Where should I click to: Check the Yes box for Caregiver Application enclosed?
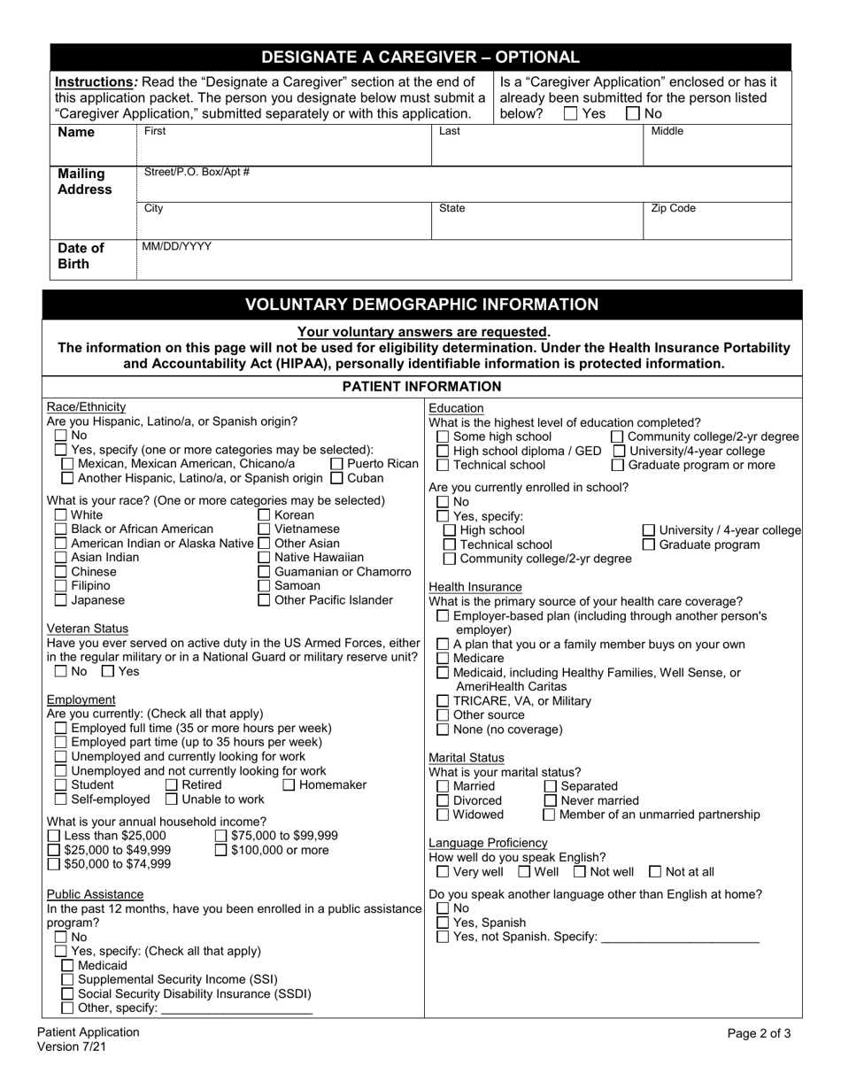tap(570, 113)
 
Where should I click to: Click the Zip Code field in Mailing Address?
tap(717, 223)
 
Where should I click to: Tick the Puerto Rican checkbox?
tap(336, 464)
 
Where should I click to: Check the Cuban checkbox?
tap(336, 479)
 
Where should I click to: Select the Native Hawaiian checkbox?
tap(264, 558)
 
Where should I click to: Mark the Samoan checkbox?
tap(264, 586)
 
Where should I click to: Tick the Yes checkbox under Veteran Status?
tap(108, 671)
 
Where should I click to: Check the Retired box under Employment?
tap(172, 785)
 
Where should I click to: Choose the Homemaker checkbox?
tap(289, 785)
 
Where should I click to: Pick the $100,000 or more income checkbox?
tap(220, 851)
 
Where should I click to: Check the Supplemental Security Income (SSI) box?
tap(67, 980)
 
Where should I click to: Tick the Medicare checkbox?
tap(443, 659)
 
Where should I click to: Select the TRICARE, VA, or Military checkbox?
tap(443, 701)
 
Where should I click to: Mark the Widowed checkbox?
tap(443, 815)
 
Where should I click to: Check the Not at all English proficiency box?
tap(655, 872)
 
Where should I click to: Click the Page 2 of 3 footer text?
tap(759, 1032)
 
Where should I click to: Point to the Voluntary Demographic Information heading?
tap(421, 305)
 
